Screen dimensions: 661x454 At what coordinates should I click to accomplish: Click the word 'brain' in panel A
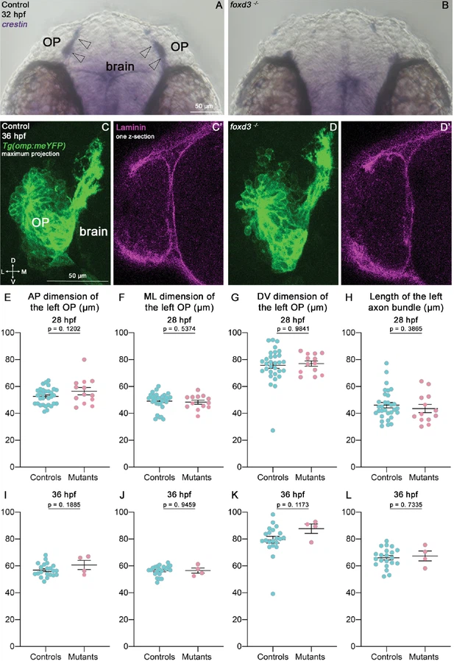click(x=119, y=66)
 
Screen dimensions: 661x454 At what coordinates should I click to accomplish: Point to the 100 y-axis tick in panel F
click(x=127, y=333)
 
